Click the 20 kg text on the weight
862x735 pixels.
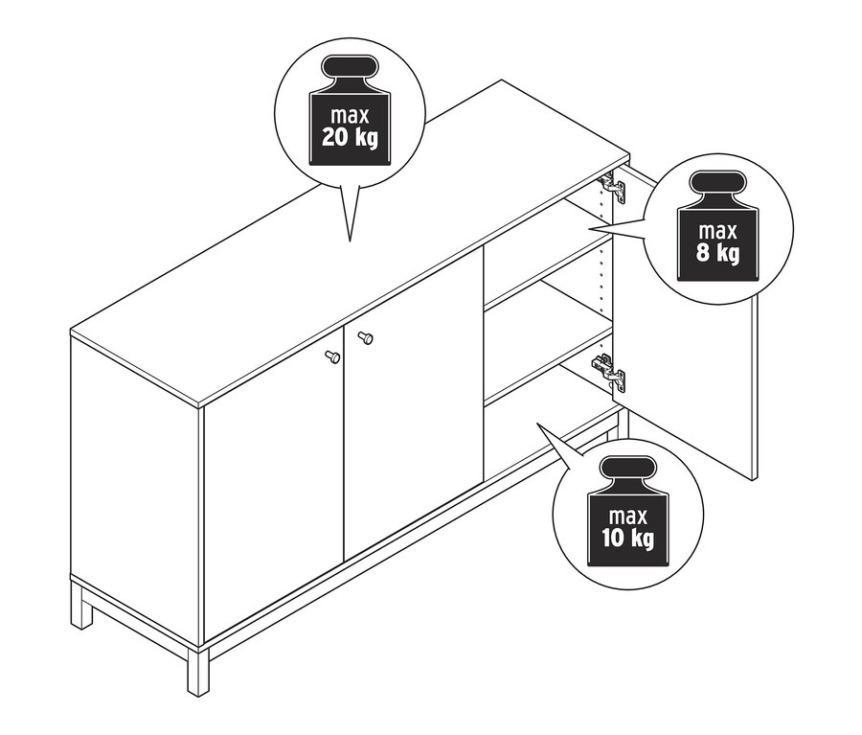click(351, 137)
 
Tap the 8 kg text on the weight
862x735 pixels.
click(717, 253)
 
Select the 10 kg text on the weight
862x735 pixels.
click(627, 538)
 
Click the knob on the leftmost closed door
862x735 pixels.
click(332, 356)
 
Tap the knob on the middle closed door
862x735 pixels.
click(365, 336)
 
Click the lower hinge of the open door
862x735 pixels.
click(609, 372)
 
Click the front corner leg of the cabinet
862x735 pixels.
click(198, 671)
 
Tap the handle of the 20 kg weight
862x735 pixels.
click(351, 67)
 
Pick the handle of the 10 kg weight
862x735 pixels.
click(627, 469)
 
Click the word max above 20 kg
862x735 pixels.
click(351, 116)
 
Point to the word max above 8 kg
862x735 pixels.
click(717, 232)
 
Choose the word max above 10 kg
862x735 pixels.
click(627, 517)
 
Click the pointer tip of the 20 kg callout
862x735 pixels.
click(350, 242)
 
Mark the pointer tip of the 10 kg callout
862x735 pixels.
click(537, 424)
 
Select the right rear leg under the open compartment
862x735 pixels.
click(623, 424)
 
